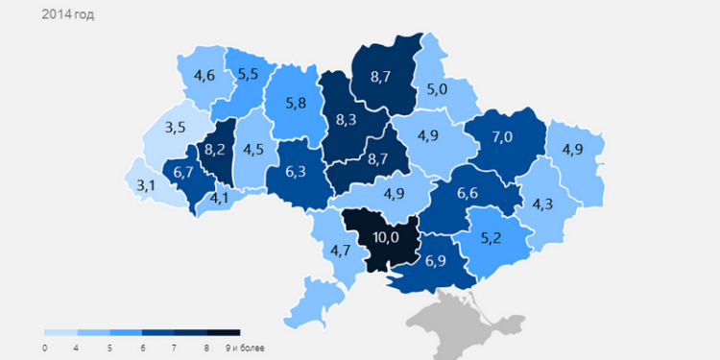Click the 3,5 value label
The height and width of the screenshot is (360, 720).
(x=176, y=127)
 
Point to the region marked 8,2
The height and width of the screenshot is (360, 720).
(x=216, y=150)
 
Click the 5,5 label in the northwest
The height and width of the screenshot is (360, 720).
(x=249, y=73)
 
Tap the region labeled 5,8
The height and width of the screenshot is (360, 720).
(x=296, y=103)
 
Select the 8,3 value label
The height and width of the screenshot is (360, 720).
(x=347, y=120)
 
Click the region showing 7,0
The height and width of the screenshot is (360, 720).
(x=502, y=136)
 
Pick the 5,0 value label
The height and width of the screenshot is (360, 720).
(x=438, y=90)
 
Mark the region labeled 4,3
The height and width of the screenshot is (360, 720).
(x=542, y=204)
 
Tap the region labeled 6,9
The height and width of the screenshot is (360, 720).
(x=436, y=260)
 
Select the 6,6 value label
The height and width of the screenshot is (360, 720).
(x=467, y=194)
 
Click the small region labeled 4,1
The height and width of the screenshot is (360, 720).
(x=220, y=199)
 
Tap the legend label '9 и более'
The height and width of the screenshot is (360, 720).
(x=245, y=347)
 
